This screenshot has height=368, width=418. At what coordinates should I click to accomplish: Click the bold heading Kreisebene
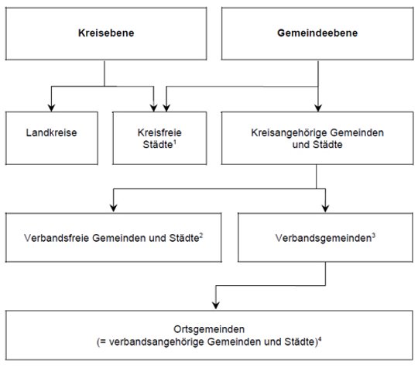click(x=106, y=33)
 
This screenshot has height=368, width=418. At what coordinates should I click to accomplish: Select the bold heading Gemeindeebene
click(x=317, y=33)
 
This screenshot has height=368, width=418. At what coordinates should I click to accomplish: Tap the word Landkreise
click(x=51, y=132)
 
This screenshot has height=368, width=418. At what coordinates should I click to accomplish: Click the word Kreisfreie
click(x=159, y=132)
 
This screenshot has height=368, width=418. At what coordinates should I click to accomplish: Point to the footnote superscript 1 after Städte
click(x=175, y=142)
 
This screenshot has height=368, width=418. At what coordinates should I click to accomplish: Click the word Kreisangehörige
click(x=287, y=133)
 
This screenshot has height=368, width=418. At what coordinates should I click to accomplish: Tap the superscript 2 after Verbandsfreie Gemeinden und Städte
click(x=201, y=236)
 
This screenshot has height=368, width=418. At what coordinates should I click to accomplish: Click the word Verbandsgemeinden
click(x=324, y=239)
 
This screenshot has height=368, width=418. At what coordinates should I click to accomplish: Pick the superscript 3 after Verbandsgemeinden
click(x=374, y=236)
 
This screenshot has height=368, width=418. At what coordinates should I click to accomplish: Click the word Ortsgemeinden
click(x=209, y=329)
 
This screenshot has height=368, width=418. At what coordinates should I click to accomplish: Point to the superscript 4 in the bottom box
click(x=320, y=339)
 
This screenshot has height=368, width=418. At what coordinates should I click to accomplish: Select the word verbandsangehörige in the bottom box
click(x=156, y=342)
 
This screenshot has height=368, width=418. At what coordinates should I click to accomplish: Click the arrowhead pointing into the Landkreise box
click(x=51, y=108)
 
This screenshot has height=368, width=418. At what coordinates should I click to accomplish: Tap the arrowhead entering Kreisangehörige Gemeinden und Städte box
click(x=318, y=108)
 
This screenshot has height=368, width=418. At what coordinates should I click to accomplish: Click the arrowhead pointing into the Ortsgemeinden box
click(x=216, y=305)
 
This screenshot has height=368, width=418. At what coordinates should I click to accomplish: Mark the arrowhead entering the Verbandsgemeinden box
click(x=325, y=208)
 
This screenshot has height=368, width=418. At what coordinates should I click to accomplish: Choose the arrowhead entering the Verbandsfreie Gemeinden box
click(x=114, y=208)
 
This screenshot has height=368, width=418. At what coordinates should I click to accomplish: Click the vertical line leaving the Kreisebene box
click(x=104, y=74)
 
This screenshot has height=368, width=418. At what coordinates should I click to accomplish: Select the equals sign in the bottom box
click(x=103, y=342)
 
